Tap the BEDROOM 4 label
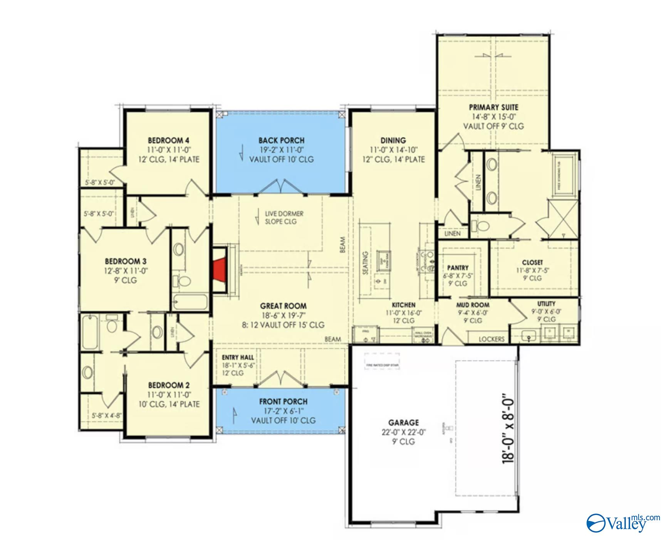tap(168, 140)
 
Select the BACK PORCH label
tap(281, 140)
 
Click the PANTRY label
tap(458, 267)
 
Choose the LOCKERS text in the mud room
tap(491, 339)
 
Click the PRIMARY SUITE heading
tap(493, 107)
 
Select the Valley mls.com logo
tap(622, 523)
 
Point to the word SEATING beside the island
tap(365, 263)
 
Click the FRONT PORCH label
tap(283, 402)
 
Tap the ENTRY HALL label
tap(238, 357)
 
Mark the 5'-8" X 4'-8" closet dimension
tap(106, 415)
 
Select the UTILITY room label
tap(546, 303)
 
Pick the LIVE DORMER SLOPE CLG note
tap(284, 217)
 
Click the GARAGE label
tap(403, 422)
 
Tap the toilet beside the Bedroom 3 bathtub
tap(185, 281)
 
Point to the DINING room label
tap(393, 140)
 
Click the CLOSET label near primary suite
tap(532, 262)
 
